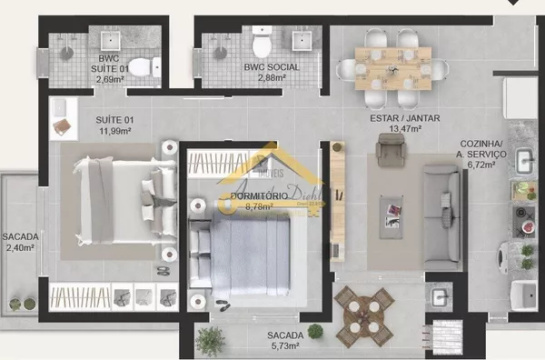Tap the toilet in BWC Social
click(263, 44)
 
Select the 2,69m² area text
click(112, 78)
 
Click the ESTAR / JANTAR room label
click(401, 118)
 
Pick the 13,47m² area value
click(401, 129)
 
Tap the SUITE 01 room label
click(114, 119)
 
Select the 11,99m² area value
click(114, 131)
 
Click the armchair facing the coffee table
click(390, 151)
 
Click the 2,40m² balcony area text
click(18, 247)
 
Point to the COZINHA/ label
click(481, 144)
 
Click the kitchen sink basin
click(525, 160)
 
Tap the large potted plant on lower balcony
click(210, 340)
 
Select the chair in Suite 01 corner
click(62, 126)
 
